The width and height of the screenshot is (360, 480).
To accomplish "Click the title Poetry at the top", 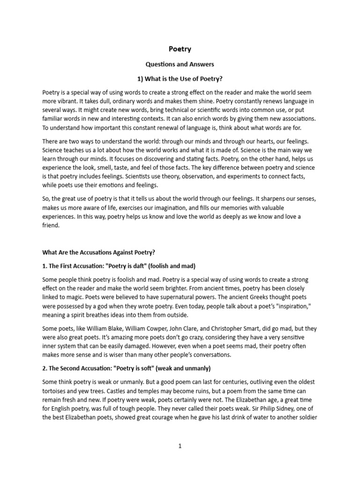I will pos(180,49).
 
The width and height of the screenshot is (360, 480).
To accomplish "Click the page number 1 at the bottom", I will pos(180,447).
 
